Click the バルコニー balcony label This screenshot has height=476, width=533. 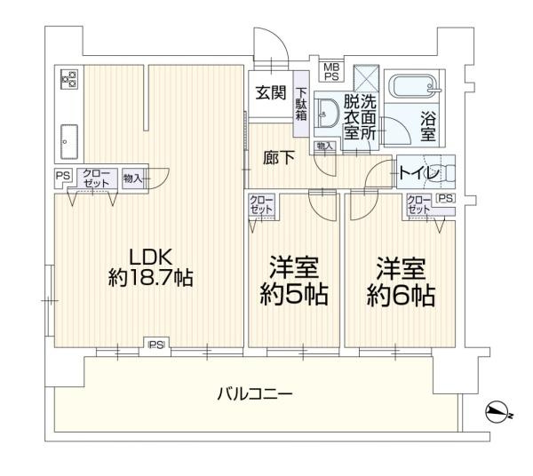pos(256,392)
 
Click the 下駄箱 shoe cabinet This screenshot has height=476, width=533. pos(302,105)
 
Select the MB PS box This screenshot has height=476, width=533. pos(330,71)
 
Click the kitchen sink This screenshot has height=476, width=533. pos(68,138)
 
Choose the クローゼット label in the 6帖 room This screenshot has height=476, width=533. pos(418,204)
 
